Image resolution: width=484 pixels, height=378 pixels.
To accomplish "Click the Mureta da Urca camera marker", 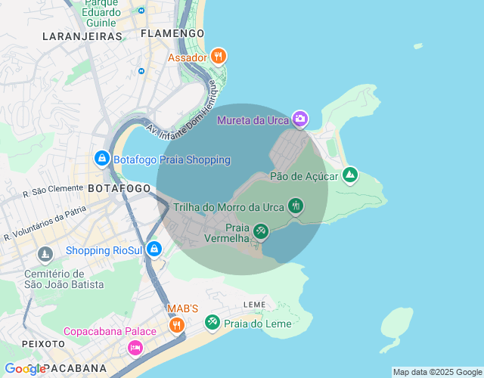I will (x=300, y=119).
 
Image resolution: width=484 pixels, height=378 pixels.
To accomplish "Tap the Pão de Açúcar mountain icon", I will (x=349, y=175).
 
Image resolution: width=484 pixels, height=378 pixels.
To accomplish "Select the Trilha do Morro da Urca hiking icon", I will (x=296, y=206).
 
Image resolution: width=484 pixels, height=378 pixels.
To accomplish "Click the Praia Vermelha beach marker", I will (x=261, y=231).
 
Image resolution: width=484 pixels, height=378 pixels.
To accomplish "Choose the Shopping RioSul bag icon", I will (x=154, y=249).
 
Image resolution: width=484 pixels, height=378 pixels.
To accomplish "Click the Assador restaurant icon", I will (x=219, y=56).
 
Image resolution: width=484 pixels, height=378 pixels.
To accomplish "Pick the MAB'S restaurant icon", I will (x=176, y=325).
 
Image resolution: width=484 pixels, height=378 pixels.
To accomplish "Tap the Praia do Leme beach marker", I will (x=213, y=323).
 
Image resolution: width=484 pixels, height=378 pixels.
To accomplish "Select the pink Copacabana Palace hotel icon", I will (x=135, y=347).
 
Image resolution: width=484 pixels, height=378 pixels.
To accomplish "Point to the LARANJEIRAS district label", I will (x=82, y=36).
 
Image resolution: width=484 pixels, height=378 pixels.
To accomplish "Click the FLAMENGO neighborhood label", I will (x=172, y=33).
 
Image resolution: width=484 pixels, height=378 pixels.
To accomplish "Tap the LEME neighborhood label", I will (x=255, y=304).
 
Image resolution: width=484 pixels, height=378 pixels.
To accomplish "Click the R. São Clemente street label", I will (x=53, y=192).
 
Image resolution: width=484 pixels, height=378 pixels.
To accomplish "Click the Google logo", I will (x=26, y=369).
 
